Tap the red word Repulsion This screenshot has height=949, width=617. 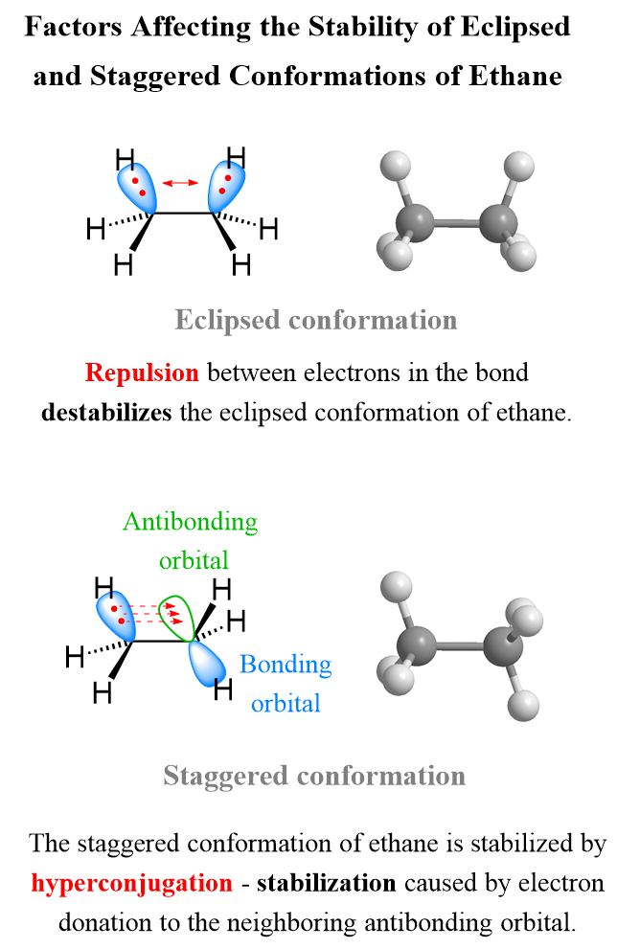point(142,372)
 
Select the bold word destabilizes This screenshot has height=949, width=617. point(106,413)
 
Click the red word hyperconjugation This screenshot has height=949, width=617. point(131,882)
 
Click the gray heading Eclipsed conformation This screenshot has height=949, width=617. point(315,319)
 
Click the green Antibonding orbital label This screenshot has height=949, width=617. point(191,539)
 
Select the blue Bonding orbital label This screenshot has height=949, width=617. point(286,683)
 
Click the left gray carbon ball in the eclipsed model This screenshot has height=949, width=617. point(419,220)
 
